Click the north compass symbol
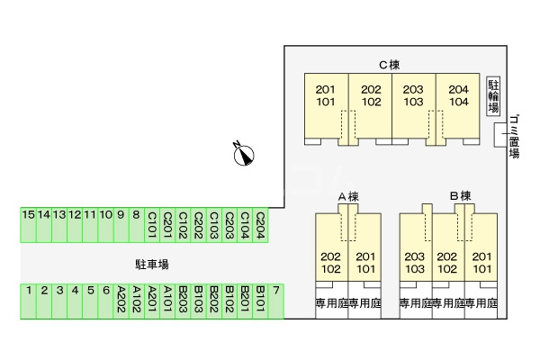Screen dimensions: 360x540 point(242,154)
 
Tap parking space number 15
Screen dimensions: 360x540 point(29,224)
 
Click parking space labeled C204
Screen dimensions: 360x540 point(259,224)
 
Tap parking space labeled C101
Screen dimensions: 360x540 point(152,224)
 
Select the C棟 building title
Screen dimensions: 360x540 point(389,64)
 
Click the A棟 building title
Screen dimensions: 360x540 point(348,195)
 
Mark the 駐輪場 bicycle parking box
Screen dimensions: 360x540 point(492,96)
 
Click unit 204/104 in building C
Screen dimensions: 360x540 point(458,96)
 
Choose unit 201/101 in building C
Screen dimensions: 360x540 point(326,96)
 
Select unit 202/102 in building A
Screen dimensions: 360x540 point(330,263)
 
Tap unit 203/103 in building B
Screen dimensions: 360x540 point(415,263)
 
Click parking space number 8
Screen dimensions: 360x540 point(136,224)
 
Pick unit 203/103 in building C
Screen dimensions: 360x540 point(413,96)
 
